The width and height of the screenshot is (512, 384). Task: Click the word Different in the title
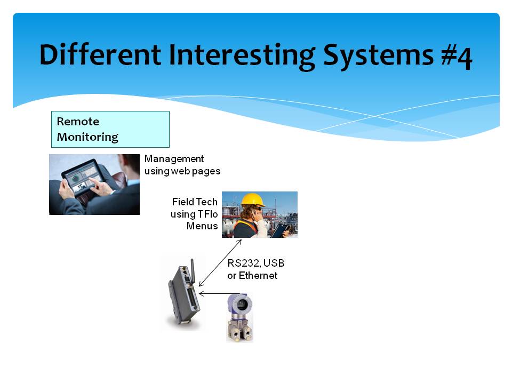[x=100, y=54]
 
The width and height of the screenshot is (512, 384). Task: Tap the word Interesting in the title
[x=242, y=57]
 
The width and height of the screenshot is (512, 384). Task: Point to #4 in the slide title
[x=457, y=58]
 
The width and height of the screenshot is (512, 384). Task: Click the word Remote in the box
[x=78, y=122]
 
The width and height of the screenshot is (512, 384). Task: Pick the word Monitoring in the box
[x=87, y=137]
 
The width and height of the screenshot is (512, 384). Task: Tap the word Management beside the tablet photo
[x=174, y=159]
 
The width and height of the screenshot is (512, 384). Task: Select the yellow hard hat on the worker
[x=252, y=199]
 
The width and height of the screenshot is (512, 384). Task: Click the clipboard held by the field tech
[x=280, y=230]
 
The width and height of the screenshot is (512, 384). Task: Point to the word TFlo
[x=207, y=214]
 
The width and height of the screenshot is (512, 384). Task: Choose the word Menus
[x=202, y=226]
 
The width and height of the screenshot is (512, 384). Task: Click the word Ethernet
[x=258, y=276]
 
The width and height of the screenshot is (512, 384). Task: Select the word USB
[x=274, y=263]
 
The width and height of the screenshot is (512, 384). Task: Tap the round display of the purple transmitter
[x=241, y=305]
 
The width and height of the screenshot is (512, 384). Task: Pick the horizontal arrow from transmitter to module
[x=219, y=293]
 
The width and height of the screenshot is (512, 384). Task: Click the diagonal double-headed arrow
[x=220, y=263]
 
